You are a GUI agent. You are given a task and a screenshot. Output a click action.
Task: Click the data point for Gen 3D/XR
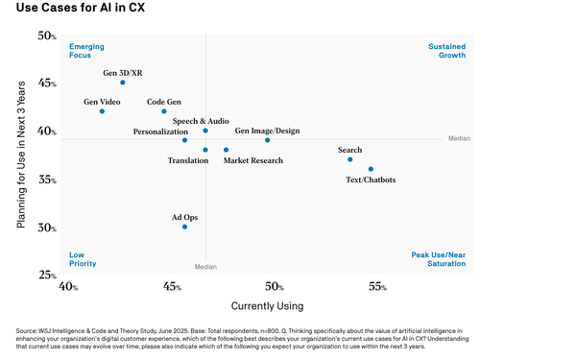point(123,83)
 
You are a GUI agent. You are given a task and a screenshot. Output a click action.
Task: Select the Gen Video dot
point(102,111)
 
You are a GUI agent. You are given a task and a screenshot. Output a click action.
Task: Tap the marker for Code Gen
point(164,111)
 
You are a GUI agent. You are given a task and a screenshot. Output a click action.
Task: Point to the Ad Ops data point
point(185,227)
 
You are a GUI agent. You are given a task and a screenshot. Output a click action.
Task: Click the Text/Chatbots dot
point(371,169)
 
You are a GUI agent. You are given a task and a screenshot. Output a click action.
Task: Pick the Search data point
point(350,159)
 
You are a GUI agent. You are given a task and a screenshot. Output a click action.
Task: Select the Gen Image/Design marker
point(268,140)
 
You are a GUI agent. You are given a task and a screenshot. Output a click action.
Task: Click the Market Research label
point(253,160)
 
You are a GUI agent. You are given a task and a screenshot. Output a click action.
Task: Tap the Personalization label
point(160,132)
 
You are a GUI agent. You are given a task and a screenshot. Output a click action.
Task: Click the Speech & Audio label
point(201,121)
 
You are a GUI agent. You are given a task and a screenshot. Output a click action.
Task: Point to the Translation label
point(188,160)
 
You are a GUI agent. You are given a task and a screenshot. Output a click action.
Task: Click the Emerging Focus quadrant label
point(86,51)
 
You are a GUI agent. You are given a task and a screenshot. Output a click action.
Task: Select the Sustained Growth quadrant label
point(446,51)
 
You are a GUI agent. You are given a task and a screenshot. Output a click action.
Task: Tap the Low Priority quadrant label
point(83,258)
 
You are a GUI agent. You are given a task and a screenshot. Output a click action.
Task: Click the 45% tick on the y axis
point(46,84)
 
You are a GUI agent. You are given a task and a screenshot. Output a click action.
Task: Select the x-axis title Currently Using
point(268,306)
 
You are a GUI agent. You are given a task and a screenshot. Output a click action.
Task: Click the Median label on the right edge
point(460,139)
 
